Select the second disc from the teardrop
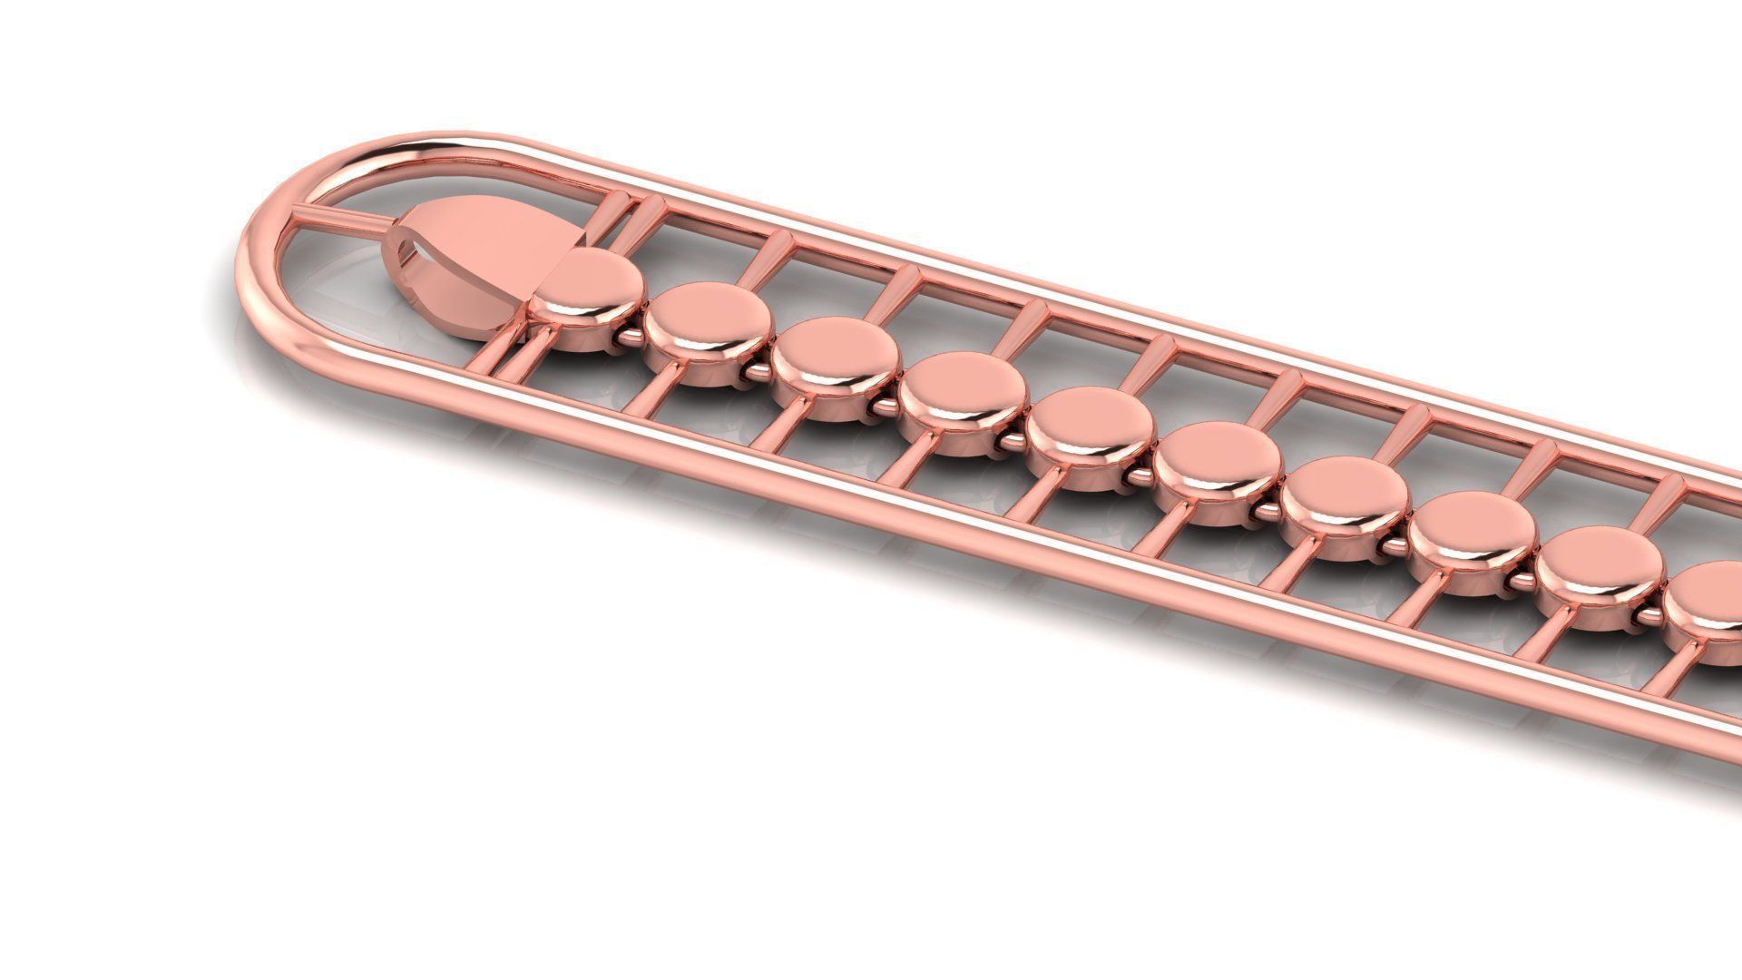tap(709, 320)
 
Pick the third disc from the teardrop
tap(835, 357)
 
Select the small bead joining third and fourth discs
tap(886, 407)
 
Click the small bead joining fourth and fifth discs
tap(1013, 442)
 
